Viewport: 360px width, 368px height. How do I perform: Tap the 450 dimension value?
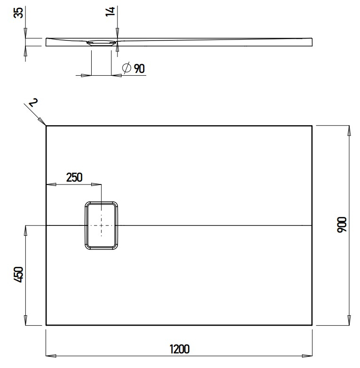18,274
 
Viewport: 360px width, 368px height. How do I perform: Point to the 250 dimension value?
74,177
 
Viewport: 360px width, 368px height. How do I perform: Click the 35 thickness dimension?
18,13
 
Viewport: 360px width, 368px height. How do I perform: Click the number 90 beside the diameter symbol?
139,69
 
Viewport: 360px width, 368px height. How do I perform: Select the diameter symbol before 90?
126,69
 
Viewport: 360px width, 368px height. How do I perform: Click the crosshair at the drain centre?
101,225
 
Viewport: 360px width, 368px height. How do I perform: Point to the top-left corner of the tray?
46,126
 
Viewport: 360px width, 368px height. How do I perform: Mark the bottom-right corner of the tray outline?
312,325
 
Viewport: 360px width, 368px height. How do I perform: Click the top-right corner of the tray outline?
312,126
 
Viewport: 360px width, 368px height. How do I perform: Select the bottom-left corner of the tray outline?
46,325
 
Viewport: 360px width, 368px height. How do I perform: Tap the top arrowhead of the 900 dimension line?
348,129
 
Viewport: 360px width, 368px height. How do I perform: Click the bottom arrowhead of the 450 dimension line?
25,321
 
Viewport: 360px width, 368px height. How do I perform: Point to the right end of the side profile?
312,41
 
